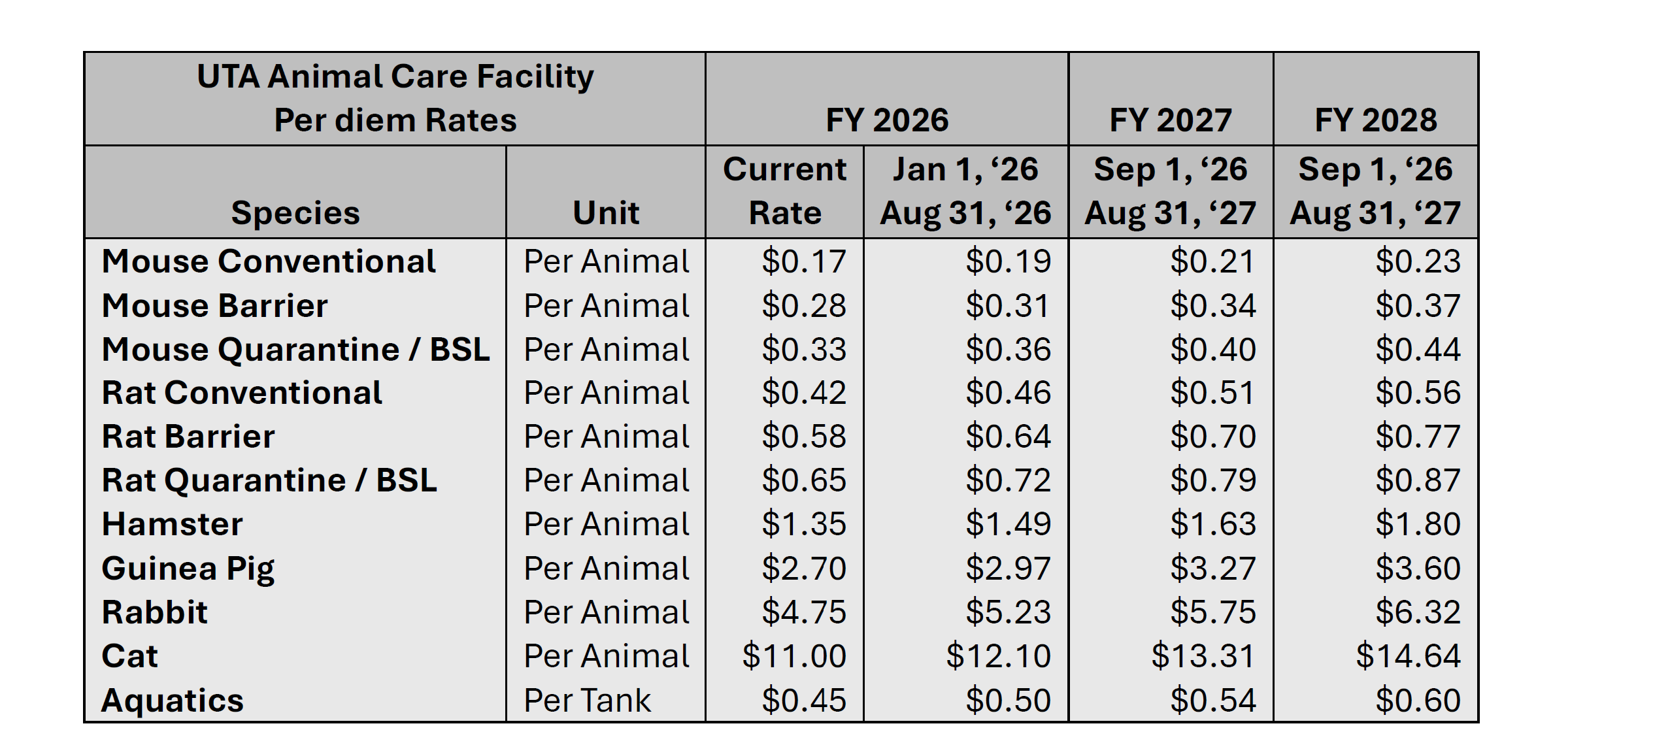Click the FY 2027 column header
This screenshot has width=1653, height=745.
1170,120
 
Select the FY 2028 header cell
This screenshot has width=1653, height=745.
1376,120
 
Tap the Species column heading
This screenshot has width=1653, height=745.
295,213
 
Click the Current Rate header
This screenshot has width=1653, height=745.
784,191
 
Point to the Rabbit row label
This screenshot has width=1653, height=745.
155,612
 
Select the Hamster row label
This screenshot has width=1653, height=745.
173,524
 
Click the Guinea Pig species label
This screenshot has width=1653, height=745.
188,569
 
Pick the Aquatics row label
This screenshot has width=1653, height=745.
173,700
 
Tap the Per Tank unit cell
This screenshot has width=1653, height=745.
587,700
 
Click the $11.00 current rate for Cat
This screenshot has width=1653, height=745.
794,656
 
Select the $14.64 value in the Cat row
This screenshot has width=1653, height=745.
1408,656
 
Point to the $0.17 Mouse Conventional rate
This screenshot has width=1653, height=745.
804,261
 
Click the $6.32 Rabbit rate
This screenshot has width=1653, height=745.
1418,612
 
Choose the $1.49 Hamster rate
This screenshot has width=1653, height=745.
1009,524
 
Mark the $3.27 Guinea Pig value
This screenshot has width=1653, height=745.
1213,569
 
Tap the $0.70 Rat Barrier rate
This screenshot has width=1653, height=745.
1213,437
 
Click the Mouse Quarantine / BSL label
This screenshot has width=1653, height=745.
295,350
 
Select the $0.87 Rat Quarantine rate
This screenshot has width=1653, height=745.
1418,480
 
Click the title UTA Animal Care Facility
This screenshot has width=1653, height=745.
395,76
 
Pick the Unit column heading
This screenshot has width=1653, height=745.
606,213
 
